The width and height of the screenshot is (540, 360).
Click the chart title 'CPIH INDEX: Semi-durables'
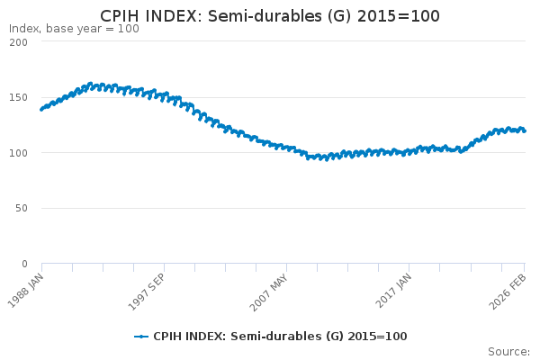tap(270, 15)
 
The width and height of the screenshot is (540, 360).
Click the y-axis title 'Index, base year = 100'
tap(74, 29)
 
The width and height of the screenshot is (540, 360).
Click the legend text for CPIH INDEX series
tap(280, 337)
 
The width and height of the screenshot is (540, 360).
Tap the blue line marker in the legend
tap(141, 337)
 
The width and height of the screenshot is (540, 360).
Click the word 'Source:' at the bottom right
tap(508, 352)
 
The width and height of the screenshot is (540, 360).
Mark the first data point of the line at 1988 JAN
tap(41, 110)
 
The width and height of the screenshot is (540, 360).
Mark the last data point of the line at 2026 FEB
tap(525, 130)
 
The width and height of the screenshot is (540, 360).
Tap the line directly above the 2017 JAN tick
tap(409, 152)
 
